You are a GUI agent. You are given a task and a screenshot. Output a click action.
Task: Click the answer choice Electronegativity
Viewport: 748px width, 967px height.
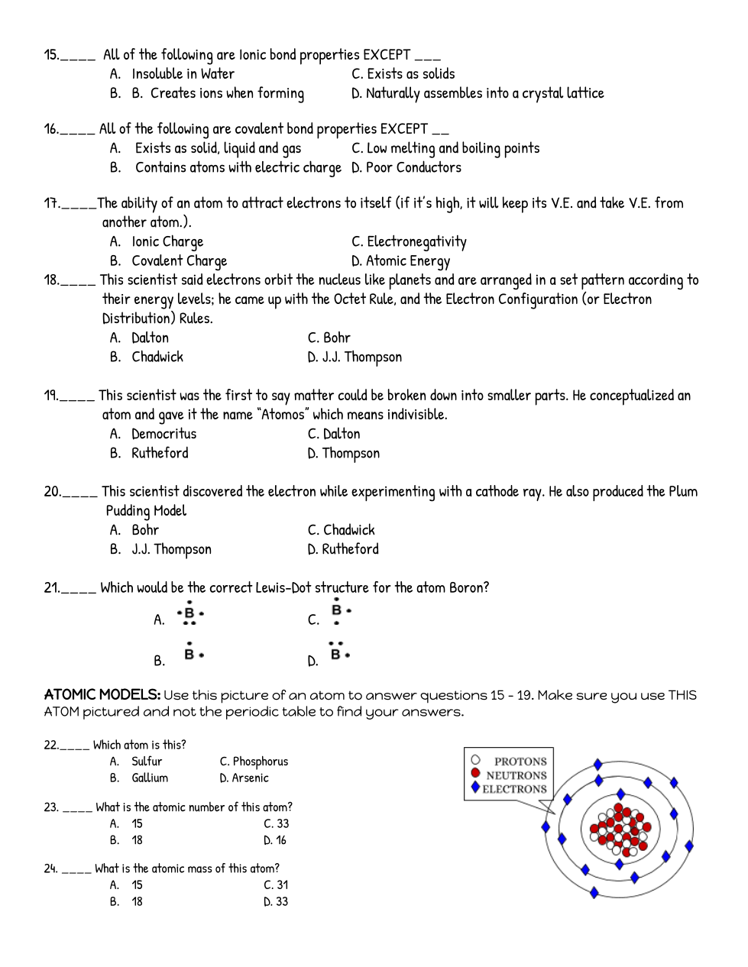click(x=416, y=242)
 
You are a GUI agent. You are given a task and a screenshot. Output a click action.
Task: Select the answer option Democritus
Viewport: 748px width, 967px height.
click(x=164, y=434)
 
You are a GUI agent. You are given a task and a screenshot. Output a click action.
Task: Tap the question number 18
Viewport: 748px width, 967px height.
click(x=51, y=280)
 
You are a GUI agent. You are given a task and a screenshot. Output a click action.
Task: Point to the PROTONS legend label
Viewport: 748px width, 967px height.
click(x=520, y=762)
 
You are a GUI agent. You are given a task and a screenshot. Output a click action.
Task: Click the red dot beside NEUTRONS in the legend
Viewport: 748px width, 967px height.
click(x=476, y=773)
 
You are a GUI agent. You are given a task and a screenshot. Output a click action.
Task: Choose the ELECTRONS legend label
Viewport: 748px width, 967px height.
click(x=514, y=789)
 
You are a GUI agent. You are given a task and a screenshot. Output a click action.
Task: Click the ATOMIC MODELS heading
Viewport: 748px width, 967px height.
click(x=102, y=694)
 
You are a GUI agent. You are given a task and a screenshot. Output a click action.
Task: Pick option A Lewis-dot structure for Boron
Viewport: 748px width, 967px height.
click(x=190, y=614)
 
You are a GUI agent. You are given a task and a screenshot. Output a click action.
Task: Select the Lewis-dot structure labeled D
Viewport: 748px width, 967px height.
click(x=338, y=652)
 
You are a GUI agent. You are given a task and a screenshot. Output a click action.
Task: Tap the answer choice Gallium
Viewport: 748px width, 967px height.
click(x=150, y=778)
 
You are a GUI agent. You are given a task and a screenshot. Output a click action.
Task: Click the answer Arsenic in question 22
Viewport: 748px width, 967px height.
click(x=251, y=778)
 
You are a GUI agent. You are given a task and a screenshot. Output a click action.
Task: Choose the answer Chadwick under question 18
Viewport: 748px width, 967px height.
click(x=157, y=357)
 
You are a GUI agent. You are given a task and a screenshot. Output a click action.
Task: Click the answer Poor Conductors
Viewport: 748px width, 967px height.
click(x=413, y=167)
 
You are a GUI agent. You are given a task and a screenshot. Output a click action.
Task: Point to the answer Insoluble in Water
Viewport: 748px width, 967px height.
click(x=183, y=74)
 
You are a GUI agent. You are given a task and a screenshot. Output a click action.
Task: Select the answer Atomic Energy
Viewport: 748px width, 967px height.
click(x=408, y=261)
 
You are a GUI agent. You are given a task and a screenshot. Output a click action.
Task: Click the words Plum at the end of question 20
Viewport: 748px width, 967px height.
click(x=683, y=491)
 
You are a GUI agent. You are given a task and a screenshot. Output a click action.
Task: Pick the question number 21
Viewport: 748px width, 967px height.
click(x=51, y=587)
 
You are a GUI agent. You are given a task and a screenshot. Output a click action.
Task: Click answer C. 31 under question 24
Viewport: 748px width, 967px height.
click(x=277, y=885)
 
